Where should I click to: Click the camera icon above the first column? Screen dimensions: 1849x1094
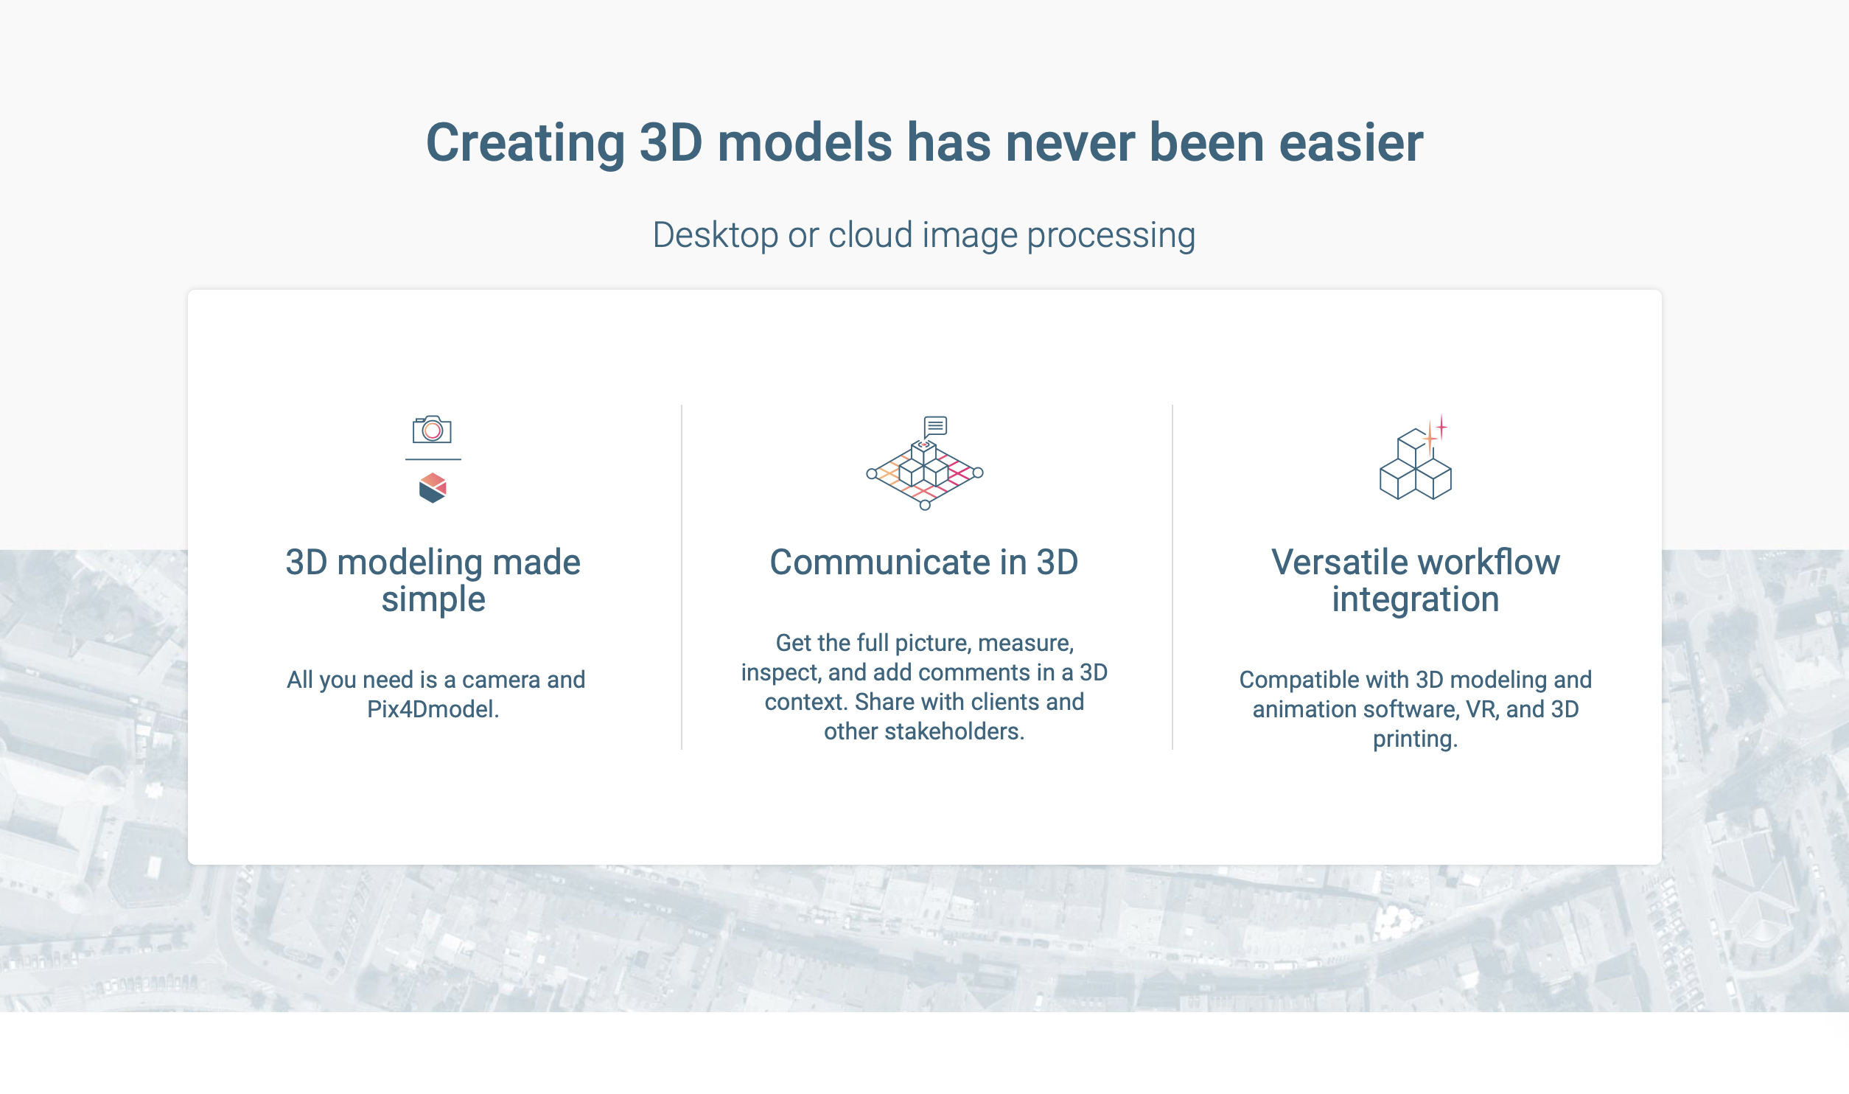pos(432,429)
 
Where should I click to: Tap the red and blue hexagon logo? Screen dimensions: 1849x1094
pos(433,488)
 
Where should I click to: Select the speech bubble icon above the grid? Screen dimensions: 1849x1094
pos(935,426)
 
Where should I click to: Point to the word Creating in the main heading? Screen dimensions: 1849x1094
pos(525,143)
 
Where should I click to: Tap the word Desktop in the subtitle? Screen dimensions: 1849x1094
pos(716,236)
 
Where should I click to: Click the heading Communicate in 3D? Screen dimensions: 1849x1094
pos(924,562)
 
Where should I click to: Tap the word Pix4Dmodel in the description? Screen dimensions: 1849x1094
pos(432,709)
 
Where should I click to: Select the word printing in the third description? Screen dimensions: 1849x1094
pos(1414,739)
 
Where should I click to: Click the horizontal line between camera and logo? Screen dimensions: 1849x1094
pos(433,459)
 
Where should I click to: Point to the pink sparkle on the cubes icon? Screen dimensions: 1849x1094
pos(1441,426)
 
